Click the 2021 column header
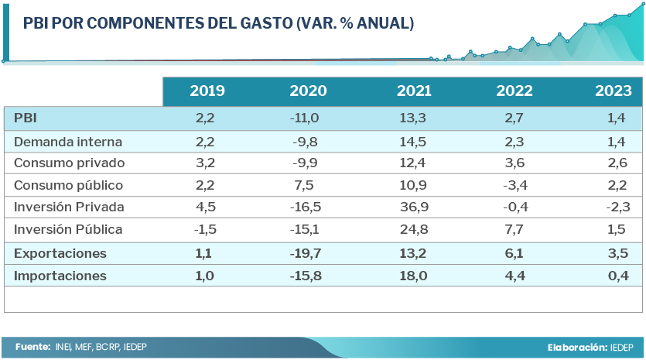pos(414,91)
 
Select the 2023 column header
pos(614,91)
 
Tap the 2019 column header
pos(207,91)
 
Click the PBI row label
pos(26,118)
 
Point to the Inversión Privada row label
pos(69,207)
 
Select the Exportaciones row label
pos(60,254)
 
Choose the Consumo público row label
pos(68,186)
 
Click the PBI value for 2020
pos(303,118)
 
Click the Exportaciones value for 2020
pos(303,254)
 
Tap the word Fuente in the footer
pos(32,348)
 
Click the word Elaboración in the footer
pos(577,348)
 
